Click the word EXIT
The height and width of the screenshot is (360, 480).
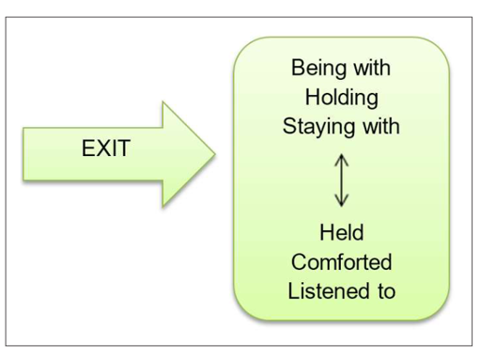105,149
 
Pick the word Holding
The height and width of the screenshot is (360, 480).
341,97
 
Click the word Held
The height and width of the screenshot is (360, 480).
341,233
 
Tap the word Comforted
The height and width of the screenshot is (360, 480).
341,261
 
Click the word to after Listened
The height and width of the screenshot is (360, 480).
384,290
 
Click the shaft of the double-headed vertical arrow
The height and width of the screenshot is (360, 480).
342,180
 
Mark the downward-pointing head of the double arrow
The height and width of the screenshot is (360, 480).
342,201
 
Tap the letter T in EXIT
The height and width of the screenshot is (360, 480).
123,149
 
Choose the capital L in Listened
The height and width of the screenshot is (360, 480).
292,290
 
